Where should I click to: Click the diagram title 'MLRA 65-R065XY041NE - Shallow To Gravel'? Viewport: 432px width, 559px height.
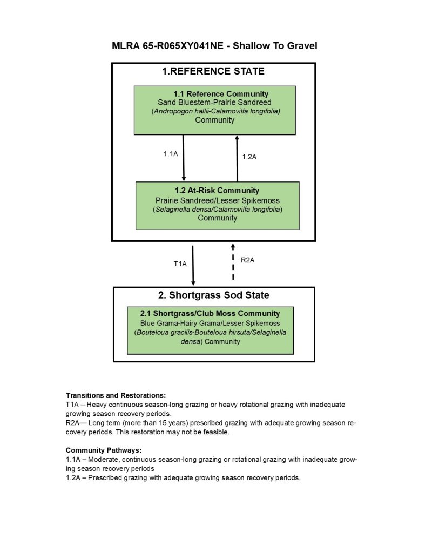[214, 46]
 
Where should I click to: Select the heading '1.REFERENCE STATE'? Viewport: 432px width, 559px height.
[213, 71]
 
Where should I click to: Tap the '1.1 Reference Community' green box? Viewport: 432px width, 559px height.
[214, 110]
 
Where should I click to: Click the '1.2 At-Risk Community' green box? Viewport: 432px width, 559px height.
[217, 205]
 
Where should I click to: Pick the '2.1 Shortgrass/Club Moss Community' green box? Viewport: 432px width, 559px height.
[210, 330]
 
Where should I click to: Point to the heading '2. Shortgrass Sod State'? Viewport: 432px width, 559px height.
[213, 295]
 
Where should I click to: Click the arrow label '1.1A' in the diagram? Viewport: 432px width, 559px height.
[171, 154]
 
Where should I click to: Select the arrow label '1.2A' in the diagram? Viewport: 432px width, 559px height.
[249, 157]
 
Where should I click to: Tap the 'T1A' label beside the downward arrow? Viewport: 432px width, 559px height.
[180, 264]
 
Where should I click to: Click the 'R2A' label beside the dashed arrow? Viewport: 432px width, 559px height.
[247, 260]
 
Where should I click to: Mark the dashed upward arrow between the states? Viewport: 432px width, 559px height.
[233, 262]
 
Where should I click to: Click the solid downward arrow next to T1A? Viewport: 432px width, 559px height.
[193, 265]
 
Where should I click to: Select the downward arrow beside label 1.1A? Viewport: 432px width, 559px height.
[184, 157]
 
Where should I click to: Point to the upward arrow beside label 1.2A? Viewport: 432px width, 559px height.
[237, 158]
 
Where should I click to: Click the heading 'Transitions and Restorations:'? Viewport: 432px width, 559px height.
[116, 395]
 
